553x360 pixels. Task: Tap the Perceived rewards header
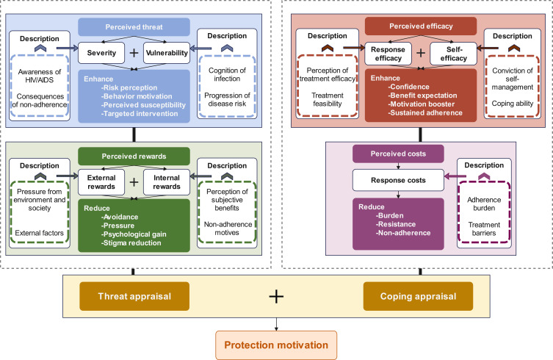(132, 156)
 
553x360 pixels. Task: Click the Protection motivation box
(275, 344)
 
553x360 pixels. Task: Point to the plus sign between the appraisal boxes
(275, 296)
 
